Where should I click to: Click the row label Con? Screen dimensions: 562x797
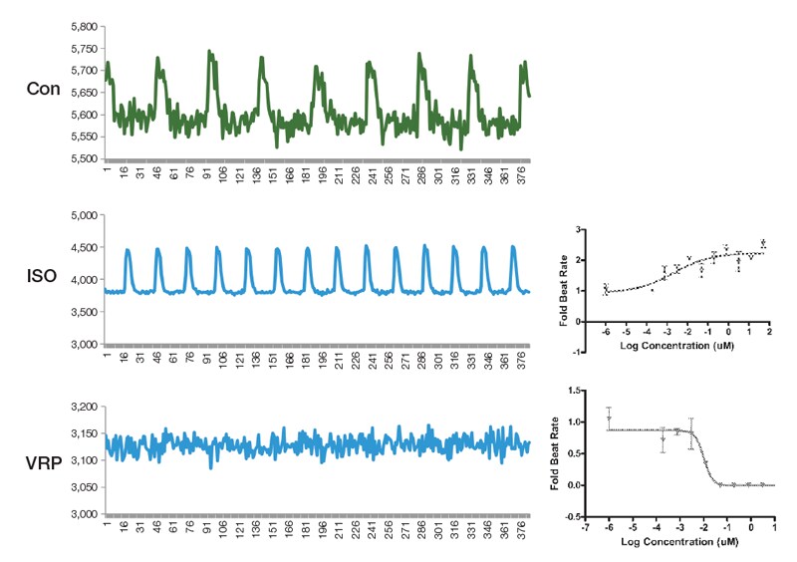(x=45, y=89)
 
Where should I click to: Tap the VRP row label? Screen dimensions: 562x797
(x=45, y=461)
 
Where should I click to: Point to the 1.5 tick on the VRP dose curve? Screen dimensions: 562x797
(x=575, y=390)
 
